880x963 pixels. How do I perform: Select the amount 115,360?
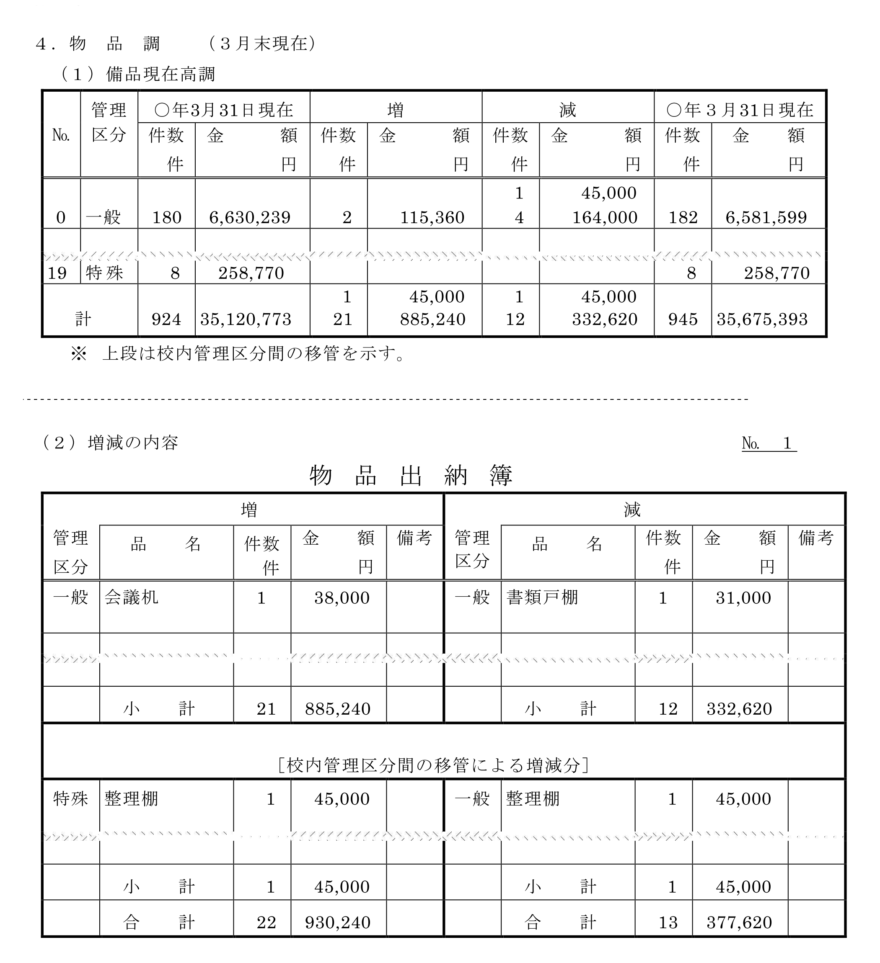[432, 218]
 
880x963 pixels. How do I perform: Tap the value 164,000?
[604, 218]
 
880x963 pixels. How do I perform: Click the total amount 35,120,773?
[246, 319]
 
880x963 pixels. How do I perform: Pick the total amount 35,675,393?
[762, 319]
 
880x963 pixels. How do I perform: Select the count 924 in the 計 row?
[166, 319]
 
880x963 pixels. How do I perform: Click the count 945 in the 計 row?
[683, 319]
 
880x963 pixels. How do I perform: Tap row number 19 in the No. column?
[57, 273]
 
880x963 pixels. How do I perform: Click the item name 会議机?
[132, 597]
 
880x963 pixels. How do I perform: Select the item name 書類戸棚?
[542, 597]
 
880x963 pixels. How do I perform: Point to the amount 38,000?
[342, 598]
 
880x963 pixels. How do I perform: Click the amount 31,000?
[743, 598]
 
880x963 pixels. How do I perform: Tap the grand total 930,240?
[337, 922]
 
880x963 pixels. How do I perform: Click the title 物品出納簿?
[411, 476]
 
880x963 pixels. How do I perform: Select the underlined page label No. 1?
[769, 443]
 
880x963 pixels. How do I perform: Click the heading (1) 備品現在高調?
[139, 75]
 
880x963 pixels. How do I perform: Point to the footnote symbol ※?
[78, 354]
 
